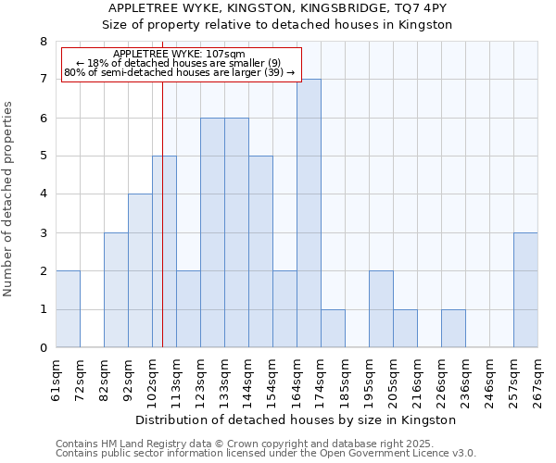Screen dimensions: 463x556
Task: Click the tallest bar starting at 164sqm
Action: coord(309,213)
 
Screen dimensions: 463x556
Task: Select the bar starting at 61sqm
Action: coord(68,309)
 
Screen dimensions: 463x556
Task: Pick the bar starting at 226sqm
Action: coord(453,329)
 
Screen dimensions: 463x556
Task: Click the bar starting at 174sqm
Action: coord(333,329)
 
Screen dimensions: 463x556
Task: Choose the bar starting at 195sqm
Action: coord(381,309)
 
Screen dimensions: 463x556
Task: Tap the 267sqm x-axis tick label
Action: coord(537,380)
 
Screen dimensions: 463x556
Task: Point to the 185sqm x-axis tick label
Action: coord(345,380)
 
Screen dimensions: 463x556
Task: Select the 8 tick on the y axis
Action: coord(43,42)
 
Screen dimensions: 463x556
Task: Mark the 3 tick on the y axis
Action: coord(43,233)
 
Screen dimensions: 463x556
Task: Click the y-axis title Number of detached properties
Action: coord(9,200)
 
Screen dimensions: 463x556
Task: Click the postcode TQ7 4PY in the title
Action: coord(423,8)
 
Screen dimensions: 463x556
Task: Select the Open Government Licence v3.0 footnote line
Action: coord(266,454)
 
